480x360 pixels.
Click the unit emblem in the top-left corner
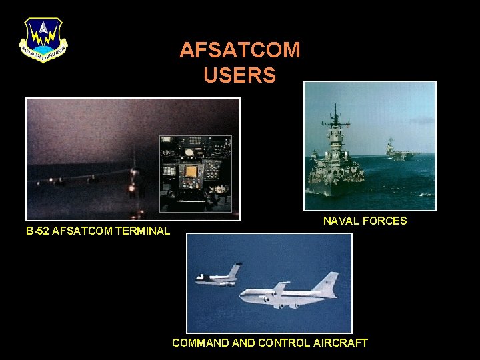(x=43, y=39)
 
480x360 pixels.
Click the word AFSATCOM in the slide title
(x=240, y=50)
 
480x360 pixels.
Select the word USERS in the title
(x=240, y=75)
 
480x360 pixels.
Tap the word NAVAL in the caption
(x=341, y=221)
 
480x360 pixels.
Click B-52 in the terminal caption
(x=37, y=231)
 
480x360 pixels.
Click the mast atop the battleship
(x=336, y=117)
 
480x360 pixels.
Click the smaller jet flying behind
(x=217, y=277)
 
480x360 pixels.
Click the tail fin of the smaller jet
(x=234, y=270)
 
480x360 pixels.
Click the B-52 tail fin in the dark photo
(x=133, y=160)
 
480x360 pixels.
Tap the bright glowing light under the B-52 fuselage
(x=132, y=189)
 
